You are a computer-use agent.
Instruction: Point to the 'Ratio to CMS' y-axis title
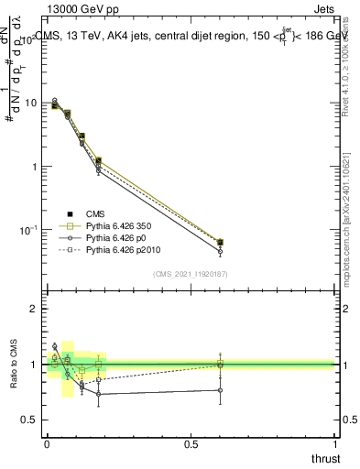click(15, 364)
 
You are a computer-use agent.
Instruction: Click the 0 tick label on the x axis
click(47, 442)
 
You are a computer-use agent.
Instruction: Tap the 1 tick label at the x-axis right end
click(334, 442)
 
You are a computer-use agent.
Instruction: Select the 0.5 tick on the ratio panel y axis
click(30, 420)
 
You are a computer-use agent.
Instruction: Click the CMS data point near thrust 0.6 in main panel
click(220, 243)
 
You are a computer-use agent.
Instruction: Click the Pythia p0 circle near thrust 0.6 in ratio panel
click(220, 390)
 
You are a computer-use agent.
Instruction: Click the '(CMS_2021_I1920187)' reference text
click(191, 273)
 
